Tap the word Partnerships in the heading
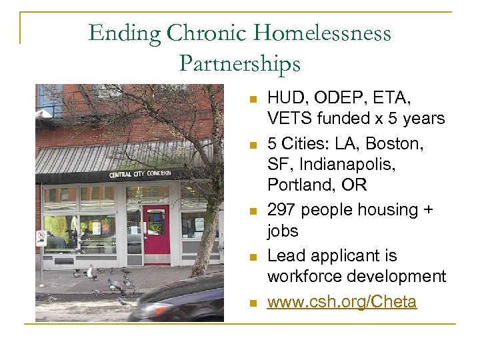click(x=239, y=63)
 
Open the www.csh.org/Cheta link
click(x=341, y=302)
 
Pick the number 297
click(x=281, y=210)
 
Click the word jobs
click(x=283, y=231)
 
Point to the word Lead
click(x=285, y=256)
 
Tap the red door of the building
click(x=157, y=234)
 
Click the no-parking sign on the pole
click(x=41, y=237)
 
